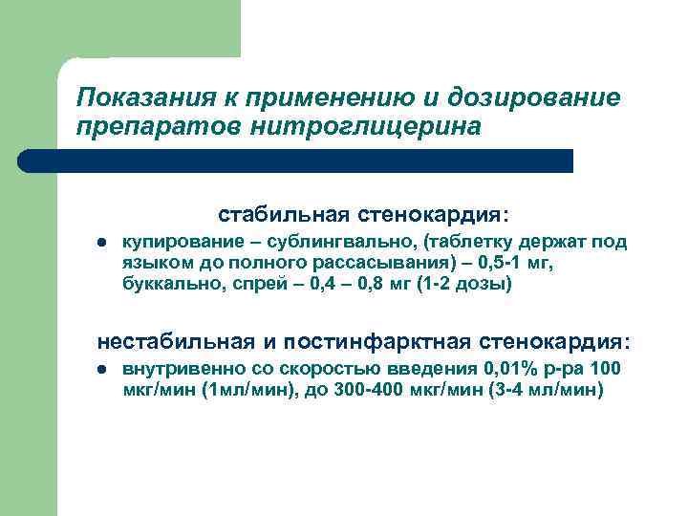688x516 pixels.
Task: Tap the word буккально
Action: click(165, 284)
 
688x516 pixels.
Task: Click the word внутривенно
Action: click(183, 369)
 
